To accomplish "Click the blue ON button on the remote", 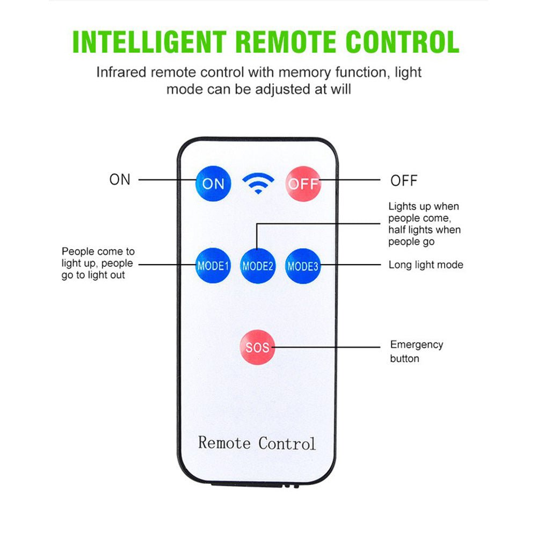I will tap(213, 183).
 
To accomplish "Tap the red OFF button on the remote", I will tap(303, 183).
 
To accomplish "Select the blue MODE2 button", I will tap(258, 265).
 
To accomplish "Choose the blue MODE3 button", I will tap(303, 265).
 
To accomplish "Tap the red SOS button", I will tap(257, 347).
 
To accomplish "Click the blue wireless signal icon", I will tap(258, 183).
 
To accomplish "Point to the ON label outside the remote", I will tap(120, 180).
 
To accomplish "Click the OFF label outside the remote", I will tap(404, 181).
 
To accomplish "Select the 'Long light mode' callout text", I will tap(425, 265).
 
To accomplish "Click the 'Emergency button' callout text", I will tap(416, 351).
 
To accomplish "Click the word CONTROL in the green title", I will tap(402, 42).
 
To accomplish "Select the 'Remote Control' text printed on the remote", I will tap(257, 443).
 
